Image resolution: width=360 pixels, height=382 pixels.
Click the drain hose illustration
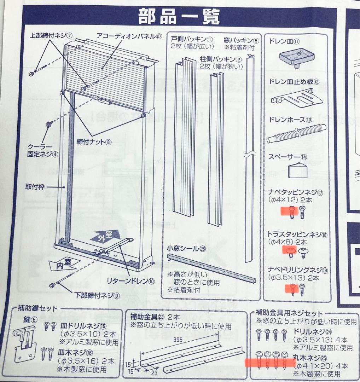click(295, 134)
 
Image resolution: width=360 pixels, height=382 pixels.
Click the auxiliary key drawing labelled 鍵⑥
click(25, 342)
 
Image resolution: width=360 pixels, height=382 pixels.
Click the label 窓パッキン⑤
click(239, 40)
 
